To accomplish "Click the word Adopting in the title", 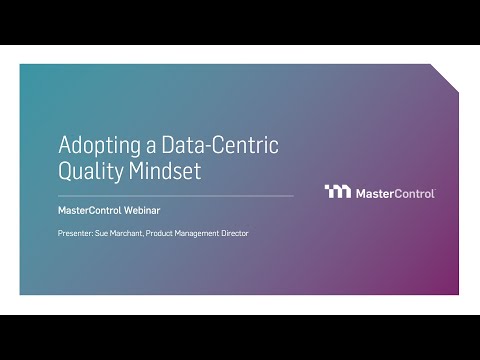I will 97,146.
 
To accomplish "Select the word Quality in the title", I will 89,171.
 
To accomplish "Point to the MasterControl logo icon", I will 338,192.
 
